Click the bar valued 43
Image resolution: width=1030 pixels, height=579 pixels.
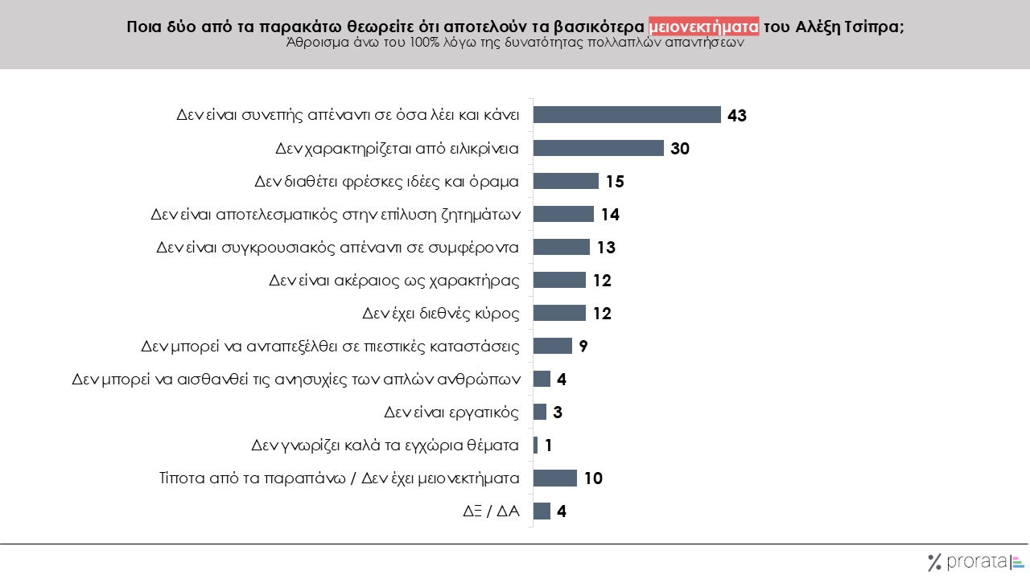627,115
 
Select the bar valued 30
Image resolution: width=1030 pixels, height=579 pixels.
599,148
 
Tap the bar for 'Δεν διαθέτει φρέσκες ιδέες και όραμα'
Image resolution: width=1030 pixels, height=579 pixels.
566,181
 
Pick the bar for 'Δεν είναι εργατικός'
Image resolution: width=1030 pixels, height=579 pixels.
540,412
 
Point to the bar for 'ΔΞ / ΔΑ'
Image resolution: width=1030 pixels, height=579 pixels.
542,511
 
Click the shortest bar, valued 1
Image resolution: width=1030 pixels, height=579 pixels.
535,445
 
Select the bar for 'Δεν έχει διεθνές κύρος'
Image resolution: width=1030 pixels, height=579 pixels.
559,313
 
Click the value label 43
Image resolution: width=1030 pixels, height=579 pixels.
737,115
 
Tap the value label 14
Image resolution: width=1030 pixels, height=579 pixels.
610,215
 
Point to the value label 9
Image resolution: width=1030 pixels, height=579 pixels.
583,347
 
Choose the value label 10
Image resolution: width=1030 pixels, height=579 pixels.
593,478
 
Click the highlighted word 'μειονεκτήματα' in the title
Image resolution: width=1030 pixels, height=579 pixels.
703,27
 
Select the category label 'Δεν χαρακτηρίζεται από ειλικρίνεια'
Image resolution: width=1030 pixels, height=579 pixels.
397,148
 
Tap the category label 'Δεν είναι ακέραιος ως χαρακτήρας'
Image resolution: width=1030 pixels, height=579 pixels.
393,281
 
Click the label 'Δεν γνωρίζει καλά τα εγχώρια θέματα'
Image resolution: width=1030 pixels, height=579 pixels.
385,445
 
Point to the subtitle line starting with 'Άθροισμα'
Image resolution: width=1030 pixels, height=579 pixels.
515,44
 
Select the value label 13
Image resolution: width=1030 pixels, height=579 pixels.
606,248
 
